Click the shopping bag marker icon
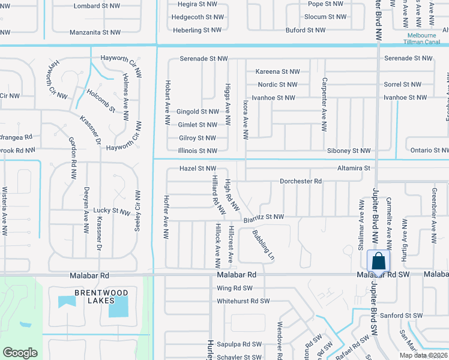pyautogui.click(x=378, y=262)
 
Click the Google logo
pyautogui.click(x=19, y=353)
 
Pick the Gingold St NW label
pyautogui.click(x=197, y=112)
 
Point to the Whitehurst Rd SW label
pyautogui.click(x=244, y=301)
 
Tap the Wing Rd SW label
pyautogui.click(x=232, y=288)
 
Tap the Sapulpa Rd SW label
pyautogui.click(x=240, y=344)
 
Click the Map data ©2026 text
pyautogui.click(x=423, y=355)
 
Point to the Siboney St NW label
pyautogui.click(x=349, y=151)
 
